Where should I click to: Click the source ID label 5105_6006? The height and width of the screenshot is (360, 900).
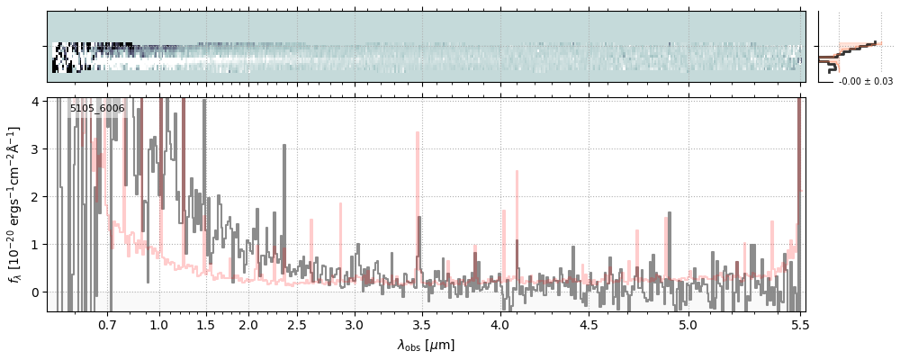[97, 108]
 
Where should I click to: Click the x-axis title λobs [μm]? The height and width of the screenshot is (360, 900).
[426, 345]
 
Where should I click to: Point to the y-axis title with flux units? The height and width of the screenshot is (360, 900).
[15, 204]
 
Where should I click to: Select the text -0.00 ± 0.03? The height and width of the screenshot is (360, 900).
[865, 82]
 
